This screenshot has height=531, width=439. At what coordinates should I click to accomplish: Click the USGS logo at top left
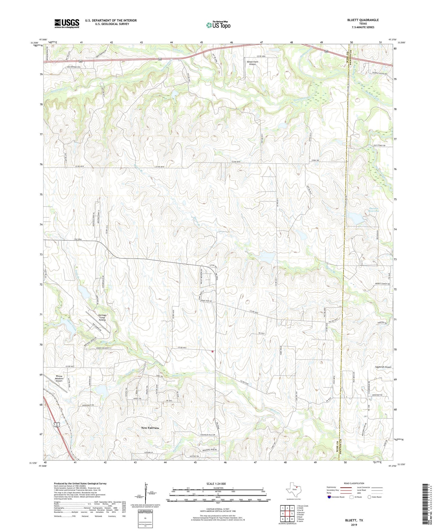(67, 23)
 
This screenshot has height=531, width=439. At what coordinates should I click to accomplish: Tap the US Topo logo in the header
(218, 25)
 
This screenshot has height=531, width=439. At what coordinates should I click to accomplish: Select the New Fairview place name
(150, 428)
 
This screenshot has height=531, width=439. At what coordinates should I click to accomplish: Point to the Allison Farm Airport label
(252, 63)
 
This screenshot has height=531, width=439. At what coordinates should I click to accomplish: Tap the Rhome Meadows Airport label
(59, 378)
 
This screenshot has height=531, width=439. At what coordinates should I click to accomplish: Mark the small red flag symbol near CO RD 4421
(212, 352)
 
